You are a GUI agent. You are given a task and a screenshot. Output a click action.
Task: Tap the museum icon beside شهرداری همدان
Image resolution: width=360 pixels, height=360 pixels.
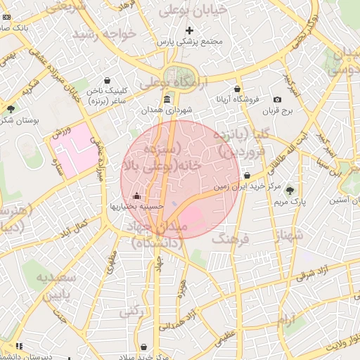(166, 100)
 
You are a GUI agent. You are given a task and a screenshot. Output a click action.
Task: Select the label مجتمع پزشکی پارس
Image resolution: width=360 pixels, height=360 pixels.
(189, 41)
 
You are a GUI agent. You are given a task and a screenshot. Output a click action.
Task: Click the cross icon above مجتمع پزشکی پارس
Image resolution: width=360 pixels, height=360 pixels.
(189, 30)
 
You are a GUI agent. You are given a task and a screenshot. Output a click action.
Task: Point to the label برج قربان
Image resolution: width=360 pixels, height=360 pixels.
(276, 111)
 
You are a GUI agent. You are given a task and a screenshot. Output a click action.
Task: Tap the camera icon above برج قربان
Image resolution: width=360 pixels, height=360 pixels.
(277, 100)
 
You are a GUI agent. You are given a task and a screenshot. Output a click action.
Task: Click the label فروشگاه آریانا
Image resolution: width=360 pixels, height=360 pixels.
(237, 100)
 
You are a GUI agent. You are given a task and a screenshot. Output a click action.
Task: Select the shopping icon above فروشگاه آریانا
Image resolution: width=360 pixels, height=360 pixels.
(237, 89)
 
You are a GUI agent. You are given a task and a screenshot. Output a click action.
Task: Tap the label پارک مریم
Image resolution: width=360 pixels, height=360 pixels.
(290, 202)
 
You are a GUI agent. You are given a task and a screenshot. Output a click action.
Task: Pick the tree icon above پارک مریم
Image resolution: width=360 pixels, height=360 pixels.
(290, 191)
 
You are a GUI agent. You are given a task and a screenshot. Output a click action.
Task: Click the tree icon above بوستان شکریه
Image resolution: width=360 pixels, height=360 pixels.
(11, 109)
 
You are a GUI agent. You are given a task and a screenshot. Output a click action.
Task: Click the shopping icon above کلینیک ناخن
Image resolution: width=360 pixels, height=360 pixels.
(106, 80)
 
